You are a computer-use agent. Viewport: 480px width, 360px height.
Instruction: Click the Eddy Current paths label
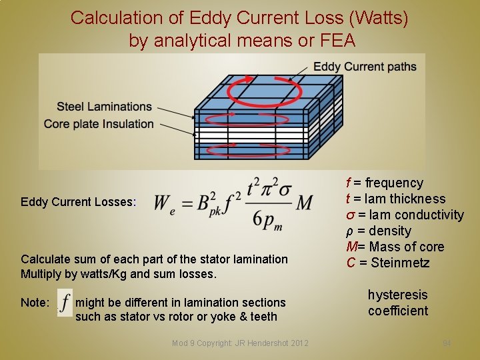click(x=365, y=67)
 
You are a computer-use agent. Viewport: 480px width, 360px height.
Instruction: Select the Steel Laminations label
click(x=104, y=107)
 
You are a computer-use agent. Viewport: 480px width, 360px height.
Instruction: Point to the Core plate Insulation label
click(x=99, y=123)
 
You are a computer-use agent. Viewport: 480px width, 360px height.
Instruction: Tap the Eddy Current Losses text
click(x=78, y=201)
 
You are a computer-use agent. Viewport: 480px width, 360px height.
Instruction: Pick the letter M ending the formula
click(x=303, y=202)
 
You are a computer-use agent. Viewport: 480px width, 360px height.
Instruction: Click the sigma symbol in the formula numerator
click(x=285, y=187)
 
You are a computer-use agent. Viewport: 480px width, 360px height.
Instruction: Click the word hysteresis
click(x=398, y=295)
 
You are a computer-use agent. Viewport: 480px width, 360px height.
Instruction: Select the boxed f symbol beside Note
click(x=65, y=303)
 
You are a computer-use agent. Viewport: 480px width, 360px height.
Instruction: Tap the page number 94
click(x=447, y=343)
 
